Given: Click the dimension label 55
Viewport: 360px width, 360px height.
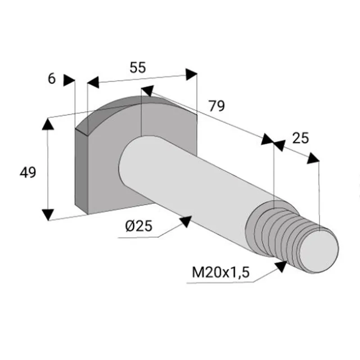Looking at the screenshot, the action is point(138,68).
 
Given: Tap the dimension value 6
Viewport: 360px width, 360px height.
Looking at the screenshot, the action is point(52,78).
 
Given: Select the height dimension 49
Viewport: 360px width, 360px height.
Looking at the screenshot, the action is point(28,173).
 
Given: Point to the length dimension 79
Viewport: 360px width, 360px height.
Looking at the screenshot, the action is point(216,106).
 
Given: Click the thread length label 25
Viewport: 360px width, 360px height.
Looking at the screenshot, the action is point(301,138).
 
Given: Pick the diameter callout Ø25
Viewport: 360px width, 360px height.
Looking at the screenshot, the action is point(139,226).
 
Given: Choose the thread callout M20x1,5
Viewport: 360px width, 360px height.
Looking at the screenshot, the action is point(220,273).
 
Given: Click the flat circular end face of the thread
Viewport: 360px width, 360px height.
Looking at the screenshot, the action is point(319,252).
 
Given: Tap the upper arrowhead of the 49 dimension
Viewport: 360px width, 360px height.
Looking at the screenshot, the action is point(48,124).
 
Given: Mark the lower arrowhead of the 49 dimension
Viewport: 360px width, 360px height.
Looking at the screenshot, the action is point(48,215).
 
